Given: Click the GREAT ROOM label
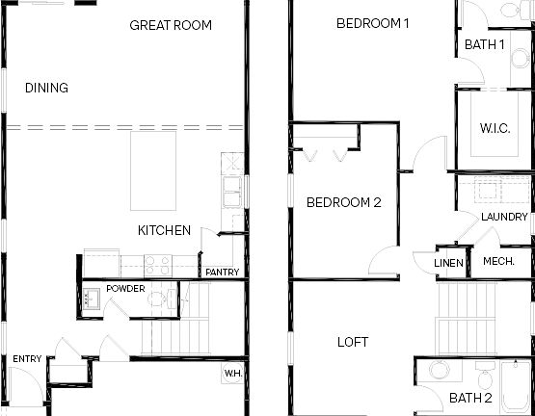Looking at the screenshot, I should tap(170, 25).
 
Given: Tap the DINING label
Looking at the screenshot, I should tap(46, 89).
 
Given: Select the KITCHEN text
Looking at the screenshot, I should tap(164, 230).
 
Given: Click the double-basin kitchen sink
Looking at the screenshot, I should tap(232, 192).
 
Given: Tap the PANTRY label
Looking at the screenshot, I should tap(222, 273).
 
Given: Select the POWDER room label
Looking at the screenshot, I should tap(125, 289).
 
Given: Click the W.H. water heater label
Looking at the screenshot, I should tap(232, 373).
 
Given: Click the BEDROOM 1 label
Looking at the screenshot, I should tap(373, 23).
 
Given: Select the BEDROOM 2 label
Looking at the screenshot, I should tap(344, 202).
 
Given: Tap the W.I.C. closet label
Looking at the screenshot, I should tap(495, 128).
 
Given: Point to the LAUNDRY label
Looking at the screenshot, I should tap(503, 217).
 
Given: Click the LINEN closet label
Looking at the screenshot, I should tap(449, 263).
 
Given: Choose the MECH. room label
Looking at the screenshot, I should tap(498, 262).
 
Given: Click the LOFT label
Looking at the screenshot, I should tap(352, 342).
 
